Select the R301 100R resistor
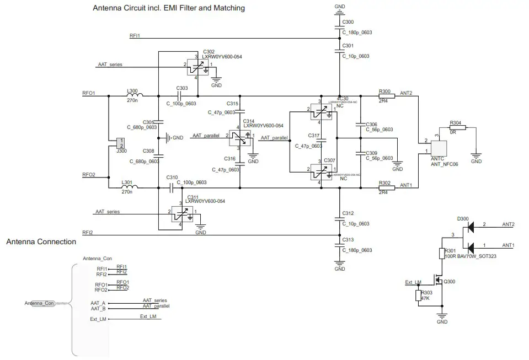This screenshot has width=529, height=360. click(441, 253)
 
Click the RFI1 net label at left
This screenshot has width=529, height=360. click(135, 36)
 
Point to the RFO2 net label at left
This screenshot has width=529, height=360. click(89, 175)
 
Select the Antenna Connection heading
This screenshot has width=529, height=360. click(41, 241)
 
